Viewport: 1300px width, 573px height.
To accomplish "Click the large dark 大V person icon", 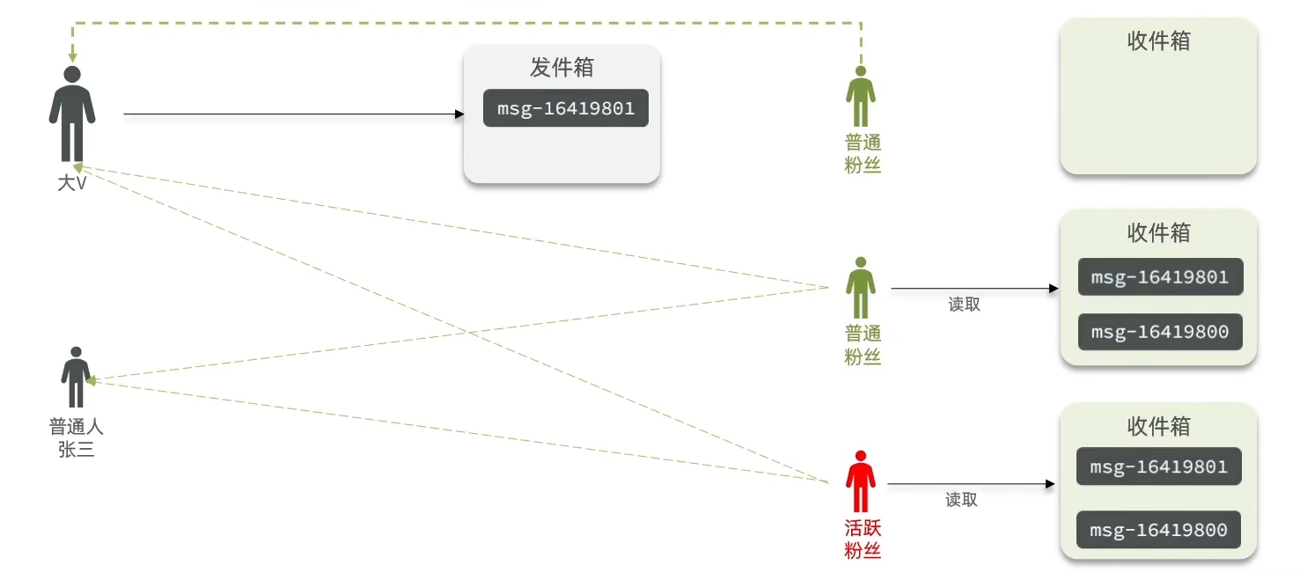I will click(x=72, y=114).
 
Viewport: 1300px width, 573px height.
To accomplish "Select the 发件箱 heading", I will click(x=562, y=68).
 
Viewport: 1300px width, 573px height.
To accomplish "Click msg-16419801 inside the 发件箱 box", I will click(x=566, y=108).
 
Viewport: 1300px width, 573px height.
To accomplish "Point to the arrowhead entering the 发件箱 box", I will click(x=459, y=114).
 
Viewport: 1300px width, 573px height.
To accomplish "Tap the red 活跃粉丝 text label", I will click(x=863, y=540).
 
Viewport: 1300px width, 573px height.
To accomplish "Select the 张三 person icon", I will click(x=76, y=378).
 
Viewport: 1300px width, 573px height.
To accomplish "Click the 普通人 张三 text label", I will click(x=76, y=437).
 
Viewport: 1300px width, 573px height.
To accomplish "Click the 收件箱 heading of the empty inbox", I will click(x=1158, y=41).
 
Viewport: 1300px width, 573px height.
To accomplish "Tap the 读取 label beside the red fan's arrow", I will click(x=961, y=500).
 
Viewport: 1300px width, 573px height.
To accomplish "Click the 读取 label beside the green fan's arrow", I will click(x=964, y=305).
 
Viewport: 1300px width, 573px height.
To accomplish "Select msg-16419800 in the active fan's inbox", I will click(x=1158, y=531).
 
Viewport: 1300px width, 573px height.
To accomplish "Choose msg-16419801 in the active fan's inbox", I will click(x=1158, y=466).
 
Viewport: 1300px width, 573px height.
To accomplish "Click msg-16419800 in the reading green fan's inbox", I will click(x=1160, y=332).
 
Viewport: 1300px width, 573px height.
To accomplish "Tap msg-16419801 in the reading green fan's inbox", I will click(x=1160, y=276).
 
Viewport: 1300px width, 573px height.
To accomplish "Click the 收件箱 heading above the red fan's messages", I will click(x=1158, y=427).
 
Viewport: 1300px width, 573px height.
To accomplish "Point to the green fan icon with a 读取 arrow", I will click(x=861, y=288).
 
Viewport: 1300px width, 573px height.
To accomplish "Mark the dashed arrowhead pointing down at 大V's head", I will click(x=73, y=57).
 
